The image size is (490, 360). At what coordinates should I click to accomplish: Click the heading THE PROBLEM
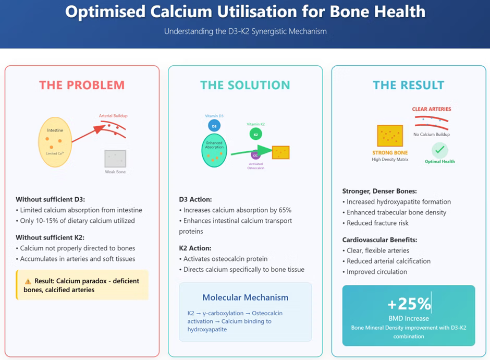click(x=82, y=85)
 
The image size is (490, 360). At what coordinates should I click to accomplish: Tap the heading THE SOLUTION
click(x=246, y=85)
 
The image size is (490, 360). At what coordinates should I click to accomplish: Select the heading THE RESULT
click(x=409, y=85)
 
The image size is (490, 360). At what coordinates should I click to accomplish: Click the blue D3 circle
click(x=214, y=126)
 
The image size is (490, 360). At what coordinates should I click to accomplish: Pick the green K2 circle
click(x=255, y=134)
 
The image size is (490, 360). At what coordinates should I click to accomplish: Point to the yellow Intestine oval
click(x=55, y=142)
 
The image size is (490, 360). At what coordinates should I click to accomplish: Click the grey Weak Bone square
click(x=115, y=159)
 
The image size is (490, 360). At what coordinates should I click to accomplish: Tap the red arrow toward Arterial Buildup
click(x=89, y=134)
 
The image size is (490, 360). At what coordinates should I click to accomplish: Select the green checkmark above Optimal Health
click(x=439, y=150)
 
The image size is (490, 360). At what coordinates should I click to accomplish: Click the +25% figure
click(x=409, y=303)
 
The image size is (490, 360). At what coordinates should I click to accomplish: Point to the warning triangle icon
click(x=28, y=281)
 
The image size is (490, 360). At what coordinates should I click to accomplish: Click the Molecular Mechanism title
click(x=246, y=297)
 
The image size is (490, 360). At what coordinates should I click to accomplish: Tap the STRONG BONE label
click(x=390, y=153)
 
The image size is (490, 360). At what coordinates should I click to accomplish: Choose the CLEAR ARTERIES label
click(x=432, y=109)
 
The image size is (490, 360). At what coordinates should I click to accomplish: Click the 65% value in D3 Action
click(x=285, y=210)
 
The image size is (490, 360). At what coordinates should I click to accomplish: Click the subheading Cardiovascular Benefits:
click(x=379, y=240)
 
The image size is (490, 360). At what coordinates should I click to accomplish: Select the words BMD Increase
click(x=409, y=318)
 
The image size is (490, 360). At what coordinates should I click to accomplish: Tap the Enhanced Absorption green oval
click(x=214, y=150)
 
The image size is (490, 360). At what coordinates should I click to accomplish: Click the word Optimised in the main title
click(x=105, y=12)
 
